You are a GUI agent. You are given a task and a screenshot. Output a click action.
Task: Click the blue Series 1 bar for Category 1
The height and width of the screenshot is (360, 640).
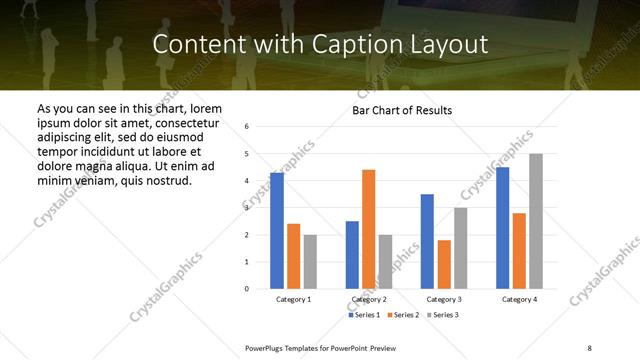coord(277,231)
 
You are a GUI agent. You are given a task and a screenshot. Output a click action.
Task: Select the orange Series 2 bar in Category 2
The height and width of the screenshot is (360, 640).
coord(369,229)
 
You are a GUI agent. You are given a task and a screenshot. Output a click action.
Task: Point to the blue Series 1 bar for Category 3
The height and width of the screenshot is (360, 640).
coord(427,241)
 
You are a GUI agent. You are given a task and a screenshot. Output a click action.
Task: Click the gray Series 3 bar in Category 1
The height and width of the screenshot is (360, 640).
coord(310,262)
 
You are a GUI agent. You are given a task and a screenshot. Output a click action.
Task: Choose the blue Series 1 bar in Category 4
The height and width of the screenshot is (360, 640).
coord(503,228)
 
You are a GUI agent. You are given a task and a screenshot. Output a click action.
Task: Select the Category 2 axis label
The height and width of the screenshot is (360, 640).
coord(369,300)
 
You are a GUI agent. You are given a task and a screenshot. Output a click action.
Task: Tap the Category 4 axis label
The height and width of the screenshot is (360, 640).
coord(519,300)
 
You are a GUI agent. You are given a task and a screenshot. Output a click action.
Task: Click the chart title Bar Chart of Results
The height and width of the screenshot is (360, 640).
coord(402,110)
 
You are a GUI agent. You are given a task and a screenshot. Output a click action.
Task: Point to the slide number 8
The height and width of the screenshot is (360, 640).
coord(590,346)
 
